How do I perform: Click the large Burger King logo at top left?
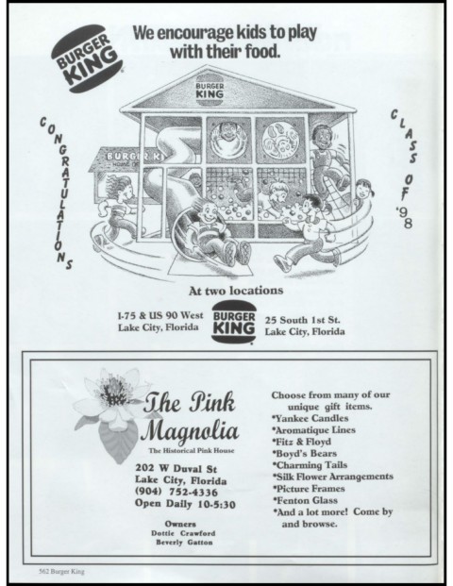pos(87,59)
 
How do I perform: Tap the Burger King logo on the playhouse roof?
pos(210,90)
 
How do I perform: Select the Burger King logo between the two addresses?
pos(234,322)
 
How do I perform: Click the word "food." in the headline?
pos(262,51)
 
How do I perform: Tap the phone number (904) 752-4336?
pos(176,492)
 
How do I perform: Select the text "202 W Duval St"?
pos(176,468)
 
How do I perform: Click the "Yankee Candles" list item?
pos(310,418)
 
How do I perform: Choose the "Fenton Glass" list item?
pos(305,500)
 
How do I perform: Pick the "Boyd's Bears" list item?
pos(305,453)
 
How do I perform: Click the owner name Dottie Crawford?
pos(183,533)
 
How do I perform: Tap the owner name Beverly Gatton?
pos(184,543)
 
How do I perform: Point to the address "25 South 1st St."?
pos(302,320)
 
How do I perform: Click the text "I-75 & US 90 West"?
pos(160,315)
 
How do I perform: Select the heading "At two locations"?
pos(236,291)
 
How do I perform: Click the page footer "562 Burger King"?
pos(61,572)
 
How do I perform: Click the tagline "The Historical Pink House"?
pos(192,450)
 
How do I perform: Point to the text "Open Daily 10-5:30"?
pos(185,504)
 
